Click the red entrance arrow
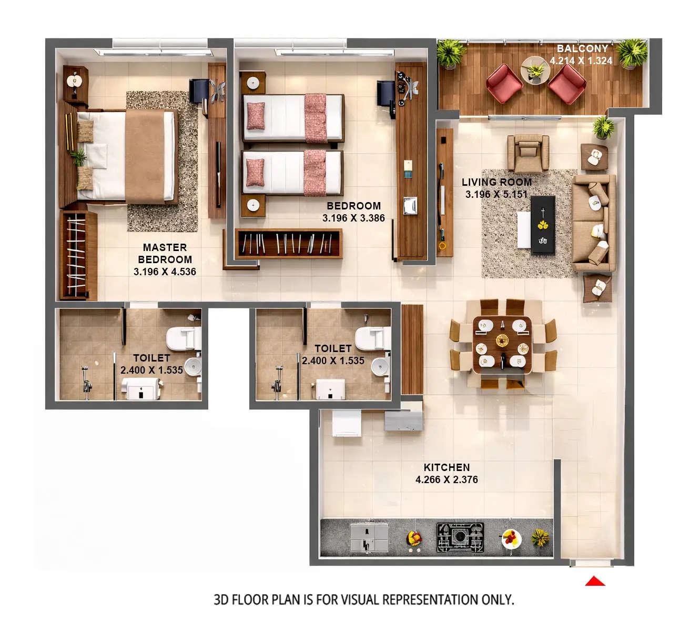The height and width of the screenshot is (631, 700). (x=595, y=581)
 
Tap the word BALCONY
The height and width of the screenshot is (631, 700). (x=582, y=48)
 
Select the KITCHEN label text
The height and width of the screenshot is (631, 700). (x=447, y=467)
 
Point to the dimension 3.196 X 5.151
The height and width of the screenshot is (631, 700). (x=496, y=194)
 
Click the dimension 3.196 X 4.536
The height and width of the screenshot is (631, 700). (x=165, y=272)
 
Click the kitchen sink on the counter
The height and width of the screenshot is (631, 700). (x=369, y=537)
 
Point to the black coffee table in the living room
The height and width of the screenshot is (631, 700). (x=543, y=225)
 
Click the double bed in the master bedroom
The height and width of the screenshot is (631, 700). (x=126, y=155)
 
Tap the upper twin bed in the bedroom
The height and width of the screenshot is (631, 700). (x=292, y=118)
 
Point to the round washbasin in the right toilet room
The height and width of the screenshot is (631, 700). (x=380, y=367)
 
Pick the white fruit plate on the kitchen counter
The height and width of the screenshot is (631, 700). (x=510, y=538)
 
